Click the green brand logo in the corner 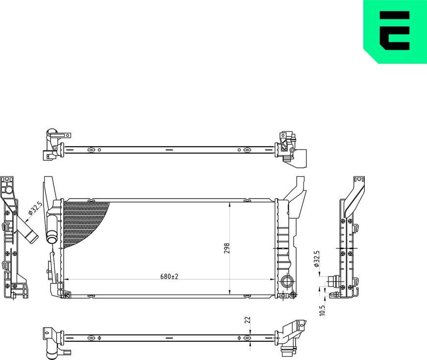coord(395,31)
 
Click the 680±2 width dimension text coord(169,277)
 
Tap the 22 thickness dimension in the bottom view coord(247,320)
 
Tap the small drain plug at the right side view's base coord(335,294)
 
